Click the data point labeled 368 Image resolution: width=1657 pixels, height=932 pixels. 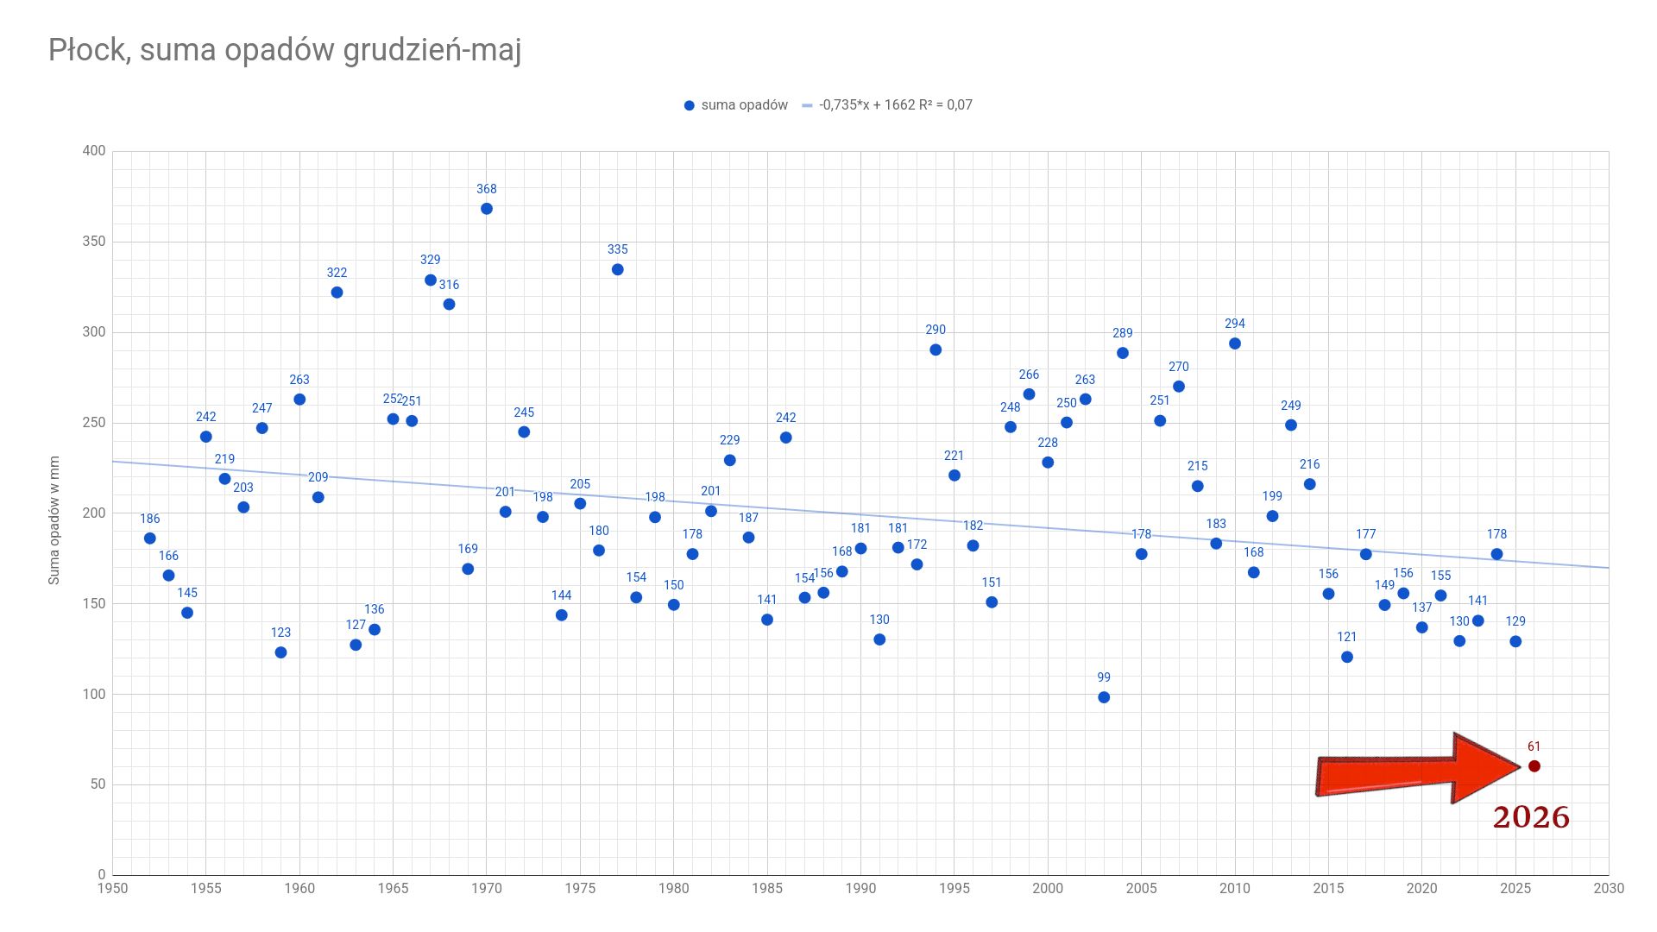(x=487, y=209)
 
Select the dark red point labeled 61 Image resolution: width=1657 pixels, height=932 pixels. (x=1534, y=766)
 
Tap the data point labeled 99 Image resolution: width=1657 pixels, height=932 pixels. (x=1104, y=697)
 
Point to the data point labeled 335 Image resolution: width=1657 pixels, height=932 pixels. (x=618, y=270)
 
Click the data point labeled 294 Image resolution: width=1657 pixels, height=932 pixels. (x=1235, y=343)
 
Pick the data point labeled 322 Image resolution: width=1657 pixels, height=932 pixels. (x=337, y=293)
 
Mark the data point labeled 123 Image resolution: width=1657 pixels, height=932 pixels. (x=280, y=652)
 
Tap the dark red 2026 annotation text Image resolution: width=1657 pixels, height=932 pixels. (x=1531, y=817)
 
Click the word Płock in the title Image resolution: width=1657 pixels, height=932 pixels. (x=88, y=50)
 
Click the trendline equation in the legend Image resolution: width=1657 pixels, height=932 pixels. (x=896, y=105)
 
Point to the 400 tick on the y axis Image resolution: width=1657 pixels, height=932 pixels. (x=94, y=151)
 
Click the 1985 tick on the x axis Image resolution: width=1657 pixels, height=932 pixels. (x=767, y=888)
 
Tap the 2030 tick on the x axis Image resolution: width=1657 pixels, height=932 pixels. (x=1609, y=888)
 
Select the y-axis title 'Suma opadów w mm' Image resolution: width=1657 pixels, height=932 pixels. (x=54, y=520)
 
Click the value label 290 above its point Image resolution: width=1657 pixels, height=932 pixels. (x=936, y=330)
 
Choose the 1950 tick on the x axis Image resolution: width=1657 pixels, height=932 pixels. (x=112, y=888)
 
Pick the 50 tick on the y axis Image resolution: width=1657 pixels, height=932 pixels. (x=98, y=784)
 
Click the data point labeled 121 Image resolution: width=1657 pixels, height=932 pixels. (x=1347, y=658)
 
